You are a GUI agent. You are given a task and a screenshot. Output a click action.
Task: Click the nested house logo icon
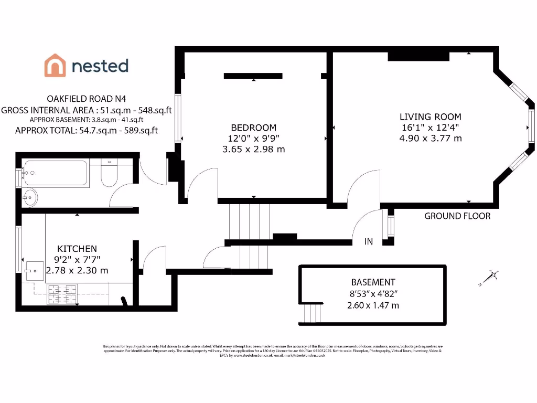55,66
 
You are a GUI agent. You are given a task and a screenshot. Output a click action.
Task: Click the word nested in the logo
100,66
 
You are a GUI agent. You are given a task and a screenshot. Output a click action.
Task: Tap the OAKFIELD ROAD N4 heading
87,98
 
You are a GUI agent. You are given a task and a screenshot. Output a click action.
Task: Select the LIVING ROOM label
431,116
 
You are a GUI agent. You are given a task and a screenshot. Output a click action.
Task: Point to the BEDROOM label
253,128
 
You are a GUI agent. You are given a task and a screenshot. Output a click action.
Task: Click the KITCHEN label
77,248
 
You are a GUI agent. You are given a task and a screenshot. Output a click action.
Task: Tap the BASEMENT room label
373,282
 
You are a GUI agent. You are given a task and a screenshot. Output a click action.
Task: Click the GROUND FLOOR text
457,216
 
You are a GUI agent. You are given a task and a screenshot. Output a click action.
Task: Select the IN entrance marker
369,242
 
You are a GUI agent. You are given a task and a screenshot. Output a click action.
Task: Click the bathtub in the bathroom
55,173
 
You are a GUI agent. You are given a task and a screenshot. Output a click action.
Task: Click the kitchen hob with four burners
62,294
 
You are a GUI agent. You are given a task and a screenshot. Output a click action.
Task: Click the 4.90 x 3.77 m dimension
431,139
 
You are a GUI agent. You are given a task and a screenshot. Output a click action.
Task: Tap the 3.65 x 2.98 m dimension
253,150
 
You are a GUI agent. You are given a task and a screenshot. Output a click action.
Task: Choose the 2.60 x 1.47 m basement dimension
373,305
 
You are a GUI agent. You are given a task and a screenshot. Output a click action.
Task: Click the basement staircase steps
313,313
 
